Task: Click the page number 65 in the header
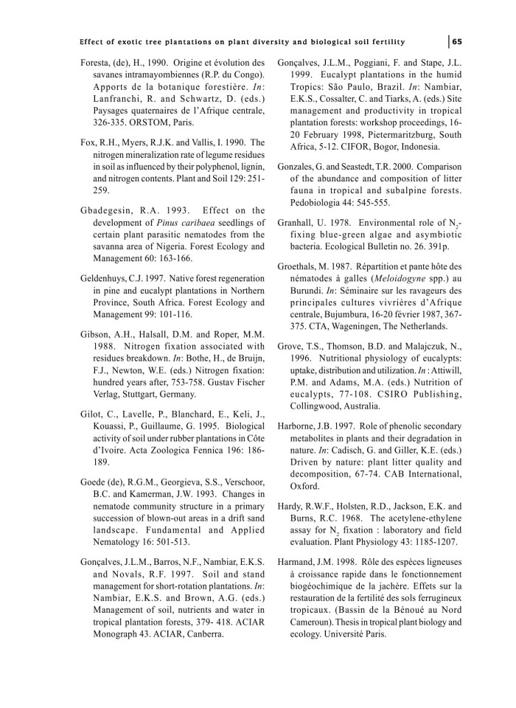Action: (x=458, y=40)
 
